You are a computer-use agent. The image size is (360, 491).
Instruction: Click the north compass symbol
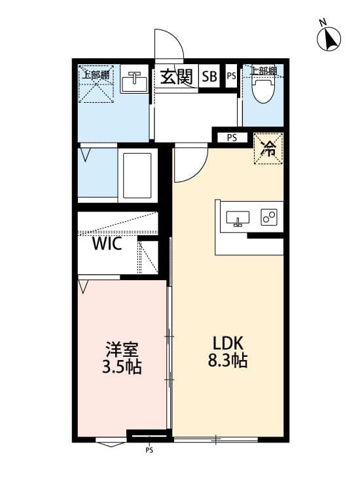(330, 39)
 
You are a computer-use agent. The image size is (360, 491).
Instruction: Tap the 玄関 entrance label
(175, 77)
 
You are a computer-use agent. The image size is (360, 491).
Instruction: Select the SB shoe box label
(209, 77)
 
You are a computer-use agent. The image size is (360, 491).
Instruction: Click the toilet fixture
(262, 90)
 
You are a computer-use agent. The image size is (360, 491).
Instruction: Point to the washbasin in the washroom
(135, 82)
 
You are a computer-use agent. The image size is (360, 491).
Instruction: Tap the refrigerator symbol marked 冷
(268, 148)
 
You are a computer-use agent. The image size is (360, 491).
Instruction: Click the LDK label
(228, 342)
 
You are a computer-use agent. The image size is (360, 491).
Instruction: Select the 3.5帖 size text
(122, 367)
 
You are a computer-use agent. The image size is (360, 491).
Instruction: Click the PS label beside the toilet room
(231, 76)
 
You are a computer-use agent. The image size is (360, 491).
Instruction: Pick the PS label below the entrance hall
(232, 137)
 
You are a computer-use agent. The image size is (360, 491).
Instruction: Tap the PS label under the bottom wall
(149, 450)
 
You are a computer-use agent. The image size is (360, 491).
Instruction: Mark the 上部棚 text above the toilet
(264, 71)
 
